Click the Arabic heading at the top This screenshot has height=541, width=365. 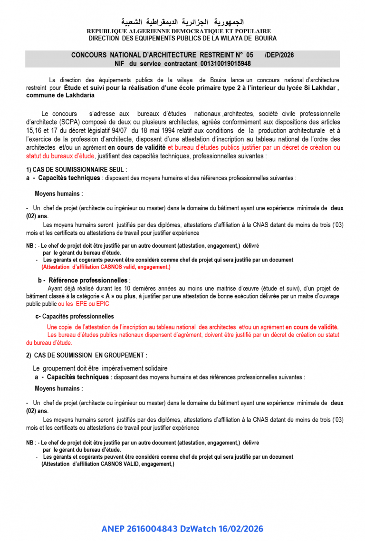point(182,22)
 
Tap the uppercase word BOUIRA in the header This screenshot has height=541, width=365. point(265,38)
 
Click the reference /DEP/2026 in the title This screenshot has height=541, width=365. point(279,55)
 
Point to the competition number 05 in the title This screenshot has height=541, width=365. point(250,55)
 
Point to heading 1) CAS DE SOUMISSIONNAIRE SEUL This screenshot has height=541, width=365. point(77,170)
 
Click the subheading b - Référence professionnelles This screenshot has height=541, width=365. point(84,280)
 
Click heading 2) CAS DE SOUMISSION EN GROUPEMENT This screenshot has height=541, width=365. point(86,355)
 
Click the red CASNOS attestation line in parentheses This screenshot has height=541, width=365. point(106,267)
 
